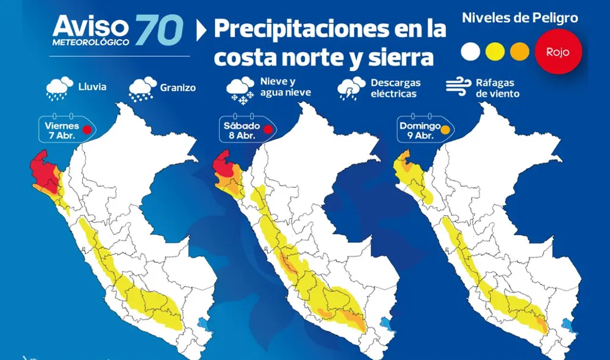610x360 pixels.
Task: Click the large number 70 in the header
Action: pyautogui.click(x=159, y=29)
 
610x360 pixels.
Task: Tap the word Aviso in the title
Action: pyautogui.click(x=91, y=25)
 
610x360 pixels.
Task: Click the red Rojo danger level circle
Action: pyautogui.click(x=558, y=52)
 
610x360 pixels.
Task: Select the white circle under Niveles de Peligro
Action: pyautogui.click(x=471, y=51)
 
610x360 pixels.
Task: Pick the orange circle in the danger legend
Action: pyautogui.click(x=519, y=51)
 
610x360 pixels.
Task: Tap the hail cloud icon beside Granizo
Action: pyautogui.click(x=142, y=88)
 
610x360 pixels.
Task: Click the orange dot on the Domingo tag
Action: pyautogui.click(x=445, y=129)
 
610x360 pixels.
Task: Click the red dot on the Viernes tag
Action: pyautogui.click(x=87, y=129)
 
